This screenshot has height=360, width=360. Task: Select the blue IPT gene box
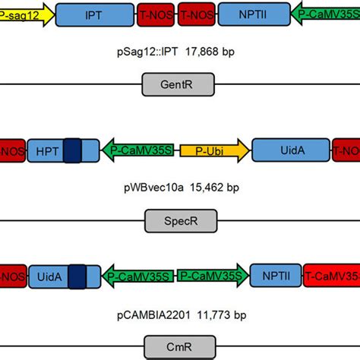pyautogui.click(x=94, y=14)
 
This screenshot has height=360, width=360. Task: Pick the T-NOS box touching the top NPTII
pyautogui.click(x=196, y=14)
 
